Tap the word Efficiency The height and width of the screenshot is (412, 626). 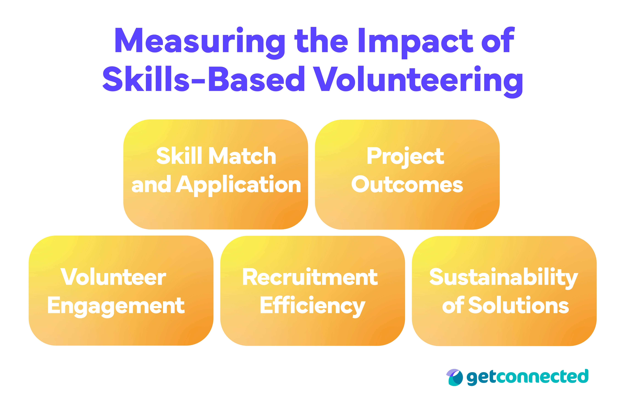(312, 306)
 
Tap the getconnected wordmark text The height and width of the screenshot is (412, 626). (527, 377)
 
